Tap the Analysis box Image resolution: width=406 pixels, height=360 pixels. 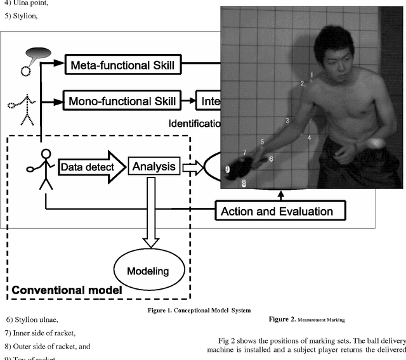click(153, 167)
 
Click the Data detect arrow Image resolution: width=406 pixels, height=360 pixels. click(88, 167)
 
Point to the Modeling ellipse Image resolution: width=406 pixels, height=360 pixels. click(145, 271)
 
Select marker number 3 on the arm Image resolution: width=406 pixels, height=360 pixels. click(287, 120)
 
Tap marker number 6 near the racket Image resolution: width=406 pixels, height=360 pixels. click(271, 158)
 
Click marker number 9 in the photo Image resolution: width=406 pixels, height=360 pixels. click(227, 169)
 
